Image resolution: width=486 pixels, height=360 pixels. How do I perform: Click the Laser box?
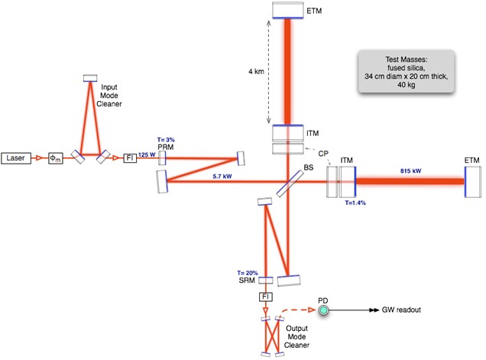tap(16, 158)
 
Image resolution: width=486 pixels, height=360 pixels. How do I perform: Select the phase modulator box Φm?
tap(56, 158)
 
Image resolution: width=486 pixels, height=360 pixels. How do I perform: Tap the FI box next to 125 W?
tap(130, 158)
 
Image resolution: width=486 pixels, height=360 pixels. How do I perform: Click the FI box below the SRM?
tap(266, 297)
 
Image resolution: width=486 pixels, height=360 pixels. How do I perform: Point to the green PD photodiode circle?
tap(323, 310)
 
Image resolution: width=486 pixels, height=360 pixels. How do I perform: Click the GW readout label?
tap(401, 310)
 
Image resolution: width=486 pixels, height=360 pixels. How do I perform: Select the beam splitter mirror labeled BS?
tap(290, 183)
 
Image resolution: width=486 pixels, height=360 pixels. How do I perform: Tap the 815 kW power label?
tap(410, 171)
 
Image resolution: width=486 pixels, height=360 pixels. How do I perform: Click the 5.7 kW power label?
tap(222, 177)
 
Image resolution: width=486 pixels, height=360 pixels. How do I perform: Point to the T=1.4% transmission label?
tap(355, 203)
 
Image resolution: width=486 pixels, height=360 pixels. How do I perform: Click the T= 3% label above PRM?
tap(166, 140)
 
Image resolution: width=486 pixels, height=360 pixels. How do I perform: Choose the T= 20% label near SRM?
tap(248, 273)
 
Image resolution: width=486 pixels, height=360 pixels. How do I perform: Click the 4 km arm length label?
tap(256, 71)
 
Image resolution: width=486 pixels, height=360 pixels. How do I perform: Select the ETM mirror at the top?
tap(288, 10)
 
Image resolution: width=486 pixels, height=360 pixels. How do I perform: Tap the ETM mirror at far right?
tap(473, 182)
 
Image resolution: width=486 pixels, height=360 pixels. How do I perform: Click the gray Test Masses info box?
tap(407, 72)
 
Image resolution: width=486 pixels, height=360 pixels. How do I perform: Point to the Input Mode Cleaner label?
tap(109, 96)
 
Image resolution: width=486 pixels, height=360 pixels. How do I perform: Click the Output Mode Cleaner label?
tap(296, 337)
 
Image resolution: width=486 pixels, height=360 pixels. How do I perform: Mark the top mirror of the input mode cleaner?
tap(90, 78)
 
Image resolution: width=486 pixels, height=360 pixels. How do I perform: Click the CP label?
tap(323, 154)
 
